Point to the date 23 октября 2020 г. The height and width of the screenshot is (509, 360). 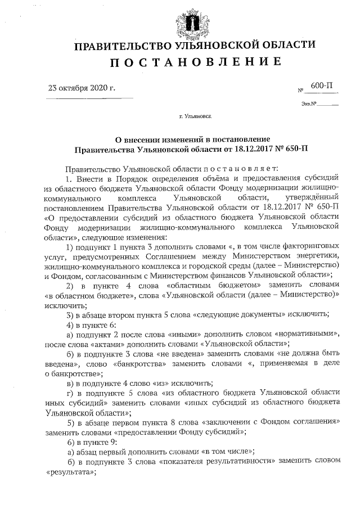(x=82, y=88)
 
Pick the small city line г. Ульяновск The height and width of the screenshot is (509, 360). (x=195, y=118)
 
